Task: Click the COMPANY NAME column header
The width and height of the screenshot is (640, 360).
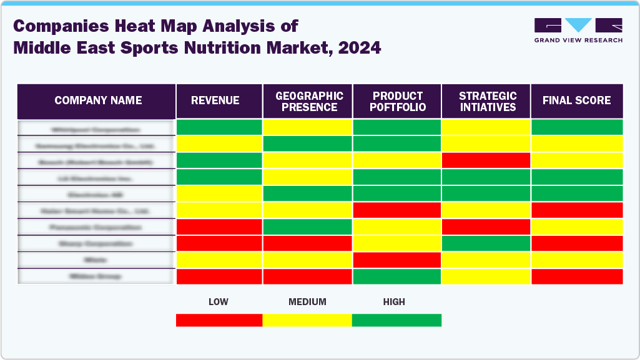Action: tap(98, 100)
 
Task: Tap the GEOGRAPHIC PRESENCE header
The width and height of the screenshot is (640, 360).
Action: tap(309, 101)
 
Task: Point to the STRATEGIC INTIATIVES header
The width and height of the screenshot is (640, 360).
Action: tap(488, 101)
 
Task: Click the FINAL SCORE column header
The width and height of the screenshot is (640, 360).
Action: tap(576, 100)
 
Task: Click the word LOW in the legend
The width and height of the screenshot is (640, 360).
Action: tap(218, 302)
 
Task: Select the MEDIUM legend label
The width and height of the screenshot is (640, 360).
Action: tap(307, 302)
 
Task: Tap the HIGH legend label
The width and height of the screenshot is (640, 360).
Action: tap(394, 302)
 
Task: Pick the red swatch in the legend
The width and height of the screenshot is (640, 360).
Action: tap(219, 320)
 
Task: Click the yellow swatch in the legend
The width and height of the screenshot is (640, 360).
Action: tap(307, 320)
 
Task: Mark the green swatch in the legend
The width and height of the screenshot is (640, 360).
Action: tap(396, 320)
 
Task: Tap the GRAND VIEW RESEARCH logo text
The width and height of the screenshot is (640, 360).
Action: tap(578, 40)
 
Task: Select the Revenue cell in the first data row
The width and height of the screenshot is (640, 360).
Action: tap(219, 127)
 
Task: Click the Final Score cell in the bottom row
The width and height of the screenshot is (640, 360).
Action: tap(576, 276)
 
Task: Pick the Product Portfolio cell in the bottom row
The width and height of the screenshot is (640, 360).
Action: tap(397, 276)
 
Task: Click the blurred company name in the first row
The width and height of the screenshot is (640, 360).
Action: tap(96, 130)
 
